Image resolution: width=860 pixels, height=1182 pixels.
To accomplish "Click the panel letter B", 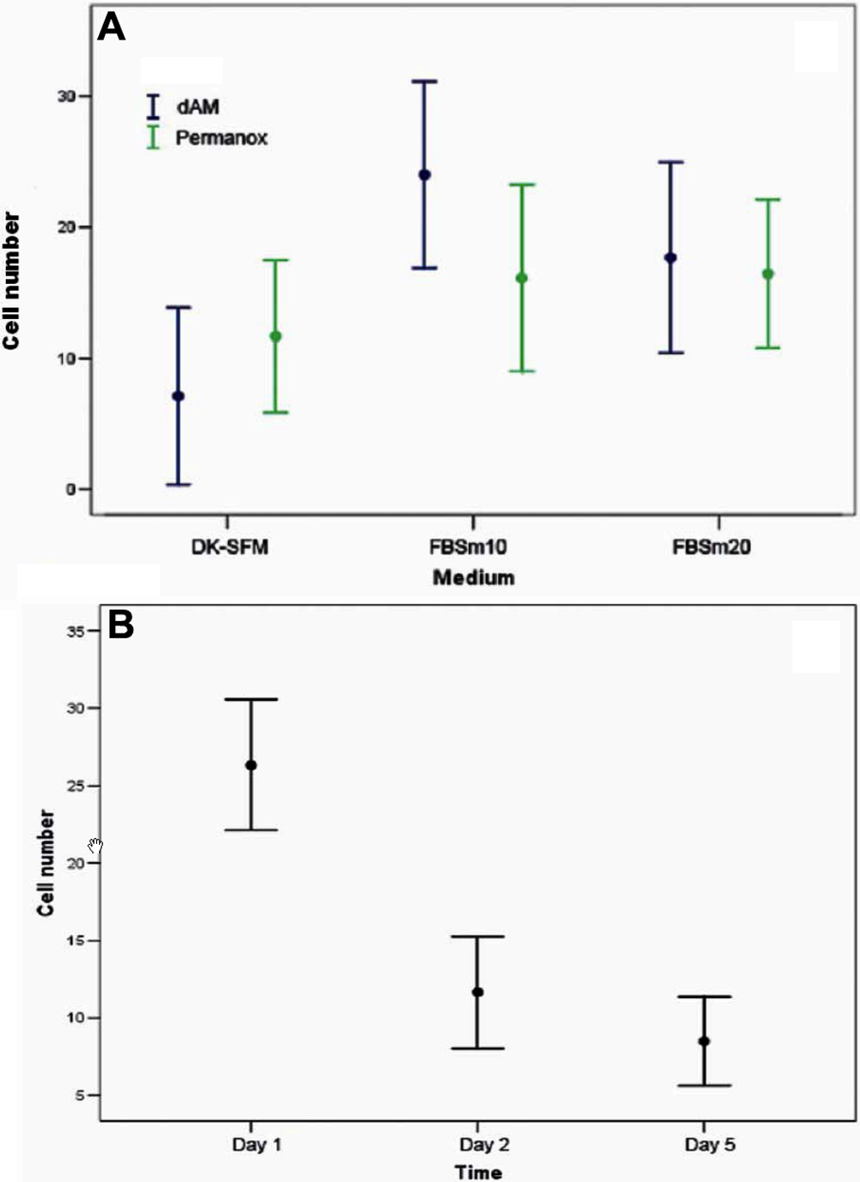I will pyautogui.click(x=120, y=625).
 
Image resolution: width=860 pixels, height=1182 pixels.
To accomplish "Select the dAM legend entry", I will pyautogui.click(x=197, y=107).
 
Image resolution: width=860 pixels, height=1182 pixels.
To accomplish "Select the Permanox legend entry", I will pyautogui.click(x=221, y=138).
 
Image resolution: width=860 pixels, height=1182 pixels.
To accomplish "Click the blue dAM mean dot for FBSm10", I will pyautogui.click(x=424, y=175).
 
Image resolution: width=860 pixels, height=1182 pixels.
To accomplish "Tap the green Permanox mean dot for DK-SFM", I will pyautogui.click(x=275, y=336).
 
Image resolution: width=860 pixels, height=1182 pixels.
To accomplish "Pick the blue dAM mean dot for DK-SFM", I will pyautogui.click(x=178, y=396).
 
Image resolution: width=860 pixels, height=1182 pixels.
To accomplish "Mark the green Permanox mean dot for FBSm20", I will pyautogui.click(x=768, y=274).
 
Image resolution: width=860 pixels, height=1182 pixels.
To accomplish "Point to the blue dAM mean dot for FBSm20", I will pyautogui.click(x=671, y=257).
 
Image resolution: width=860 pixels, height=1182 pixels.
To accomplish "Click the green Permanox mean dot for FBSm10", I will pyautogui.click(x=521, y=278).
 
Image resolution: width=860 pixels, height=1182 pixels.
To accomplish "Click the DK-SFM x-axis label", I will pyautogui.click(x=230, y=547).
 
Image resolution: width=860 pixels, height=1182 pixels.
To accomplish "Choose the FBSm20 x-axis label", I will pyautogui.click(x=711, y=547).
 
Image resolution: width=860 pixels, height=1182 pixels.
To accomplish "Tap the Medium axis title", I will pyautogui.click(x=473, y=577).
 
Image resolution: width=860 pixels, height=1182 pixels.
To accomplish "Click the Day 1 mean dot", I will pyautogui.click(x=251, y=766).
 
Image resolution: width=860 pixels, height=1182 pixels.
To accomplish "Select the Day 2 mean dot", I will pyautogui.click(x=477, y=992).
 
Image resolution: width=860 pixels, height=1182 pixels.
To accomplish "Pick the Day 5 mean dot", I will pyautogui.click(x=703, y=1041).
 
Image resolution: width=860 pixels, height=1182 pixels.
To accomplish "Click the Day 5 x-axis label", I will pyautogui.click(x=709, y=1145).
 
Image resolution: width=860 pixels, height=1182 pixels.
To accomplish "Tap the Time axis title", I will pyautogui.click(x=478, y=1172).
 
